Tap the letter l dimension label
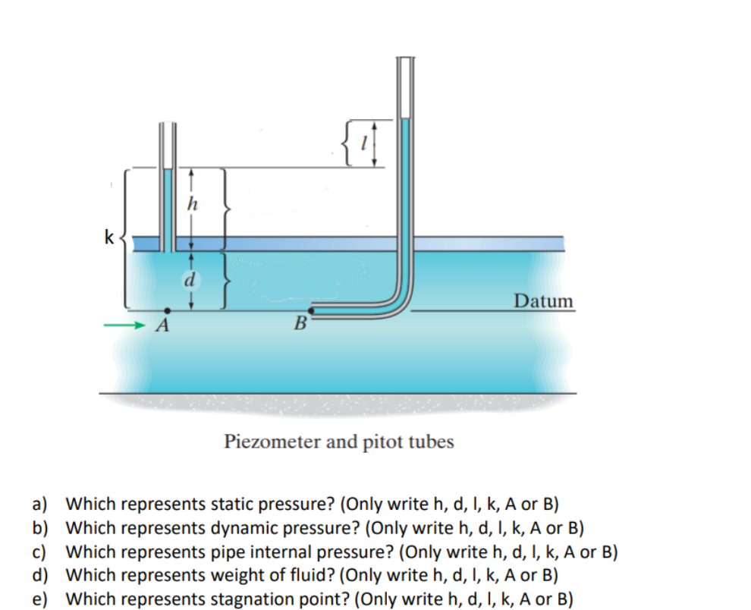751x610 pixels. point(366,142)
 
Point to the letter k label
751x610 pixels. point(109,238)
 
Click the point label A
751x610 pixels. point(161,327)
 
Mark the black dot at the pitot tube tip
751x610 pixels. point(310,310)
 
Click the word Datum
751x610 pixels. point(543,301)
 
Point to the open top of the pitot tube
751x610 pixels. point(407,58)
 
